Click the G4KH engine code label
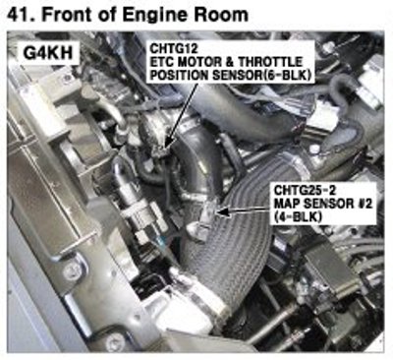click(x=48, y=53)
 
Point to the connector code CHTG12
click(x=174, y=49)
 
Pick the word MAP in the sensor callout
click(x=287, y=204)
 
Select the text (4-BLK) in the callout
click(x=298, y=216)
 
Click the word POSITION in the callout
click(x=180, y=76)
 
